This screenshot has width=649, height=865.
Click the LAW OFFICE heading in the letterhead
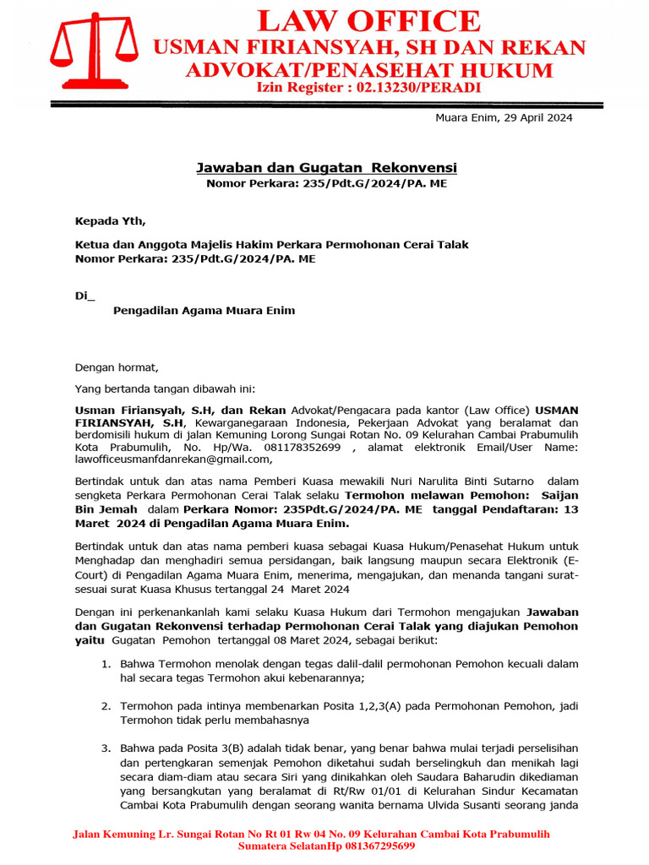pos(368,20)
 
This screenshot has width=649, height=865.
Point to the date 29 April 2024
pos(532,117)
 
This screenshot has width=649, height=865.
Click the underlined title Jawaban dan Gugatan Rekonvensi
pos(327,168)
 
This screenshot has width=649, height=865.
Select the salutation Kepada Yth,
pos(110,221)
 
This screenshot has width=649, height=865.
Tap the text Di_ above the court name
pos(85,295)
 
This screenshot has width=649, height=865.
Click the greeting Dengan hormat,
pos(117,367)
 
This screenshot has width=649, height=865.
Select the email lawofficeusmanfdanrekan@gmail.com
pos(173,460)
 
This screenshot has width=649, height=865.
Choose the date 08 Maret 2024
pos(293,640)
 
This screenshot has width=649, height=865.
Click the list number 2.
pos(106,705)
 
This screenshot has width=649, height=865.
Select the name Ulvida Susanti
pos(451,804)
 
